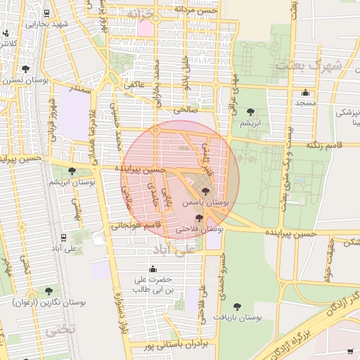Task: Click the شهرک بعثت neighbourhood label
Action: pyautogui.click(x=307, y=65)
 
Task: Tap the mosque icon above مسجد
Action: pyautogui.click(x=305, y=93)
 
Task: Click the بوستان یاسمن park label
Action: pyautogui.click(x=205, y=202)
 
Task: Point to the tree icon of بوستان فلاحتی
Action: pyautogui.click(x=199, y=218)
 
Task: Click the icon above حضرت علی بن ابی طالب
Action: pyautogui.click(x=153, y=269)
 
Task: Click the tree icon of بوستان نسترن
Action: pyautogui.click(x=26, y=69)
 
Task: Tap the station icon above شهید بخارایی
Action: pyautogui.click(x=46, y=13)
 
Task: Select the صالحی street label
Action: pyautogui.click(x=190, y=111)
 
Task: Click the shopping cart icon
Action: pyautogui.click(x=350, y=351)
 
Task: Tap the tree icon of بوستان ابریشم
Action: pyautogui.click(x=250, y=112)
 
